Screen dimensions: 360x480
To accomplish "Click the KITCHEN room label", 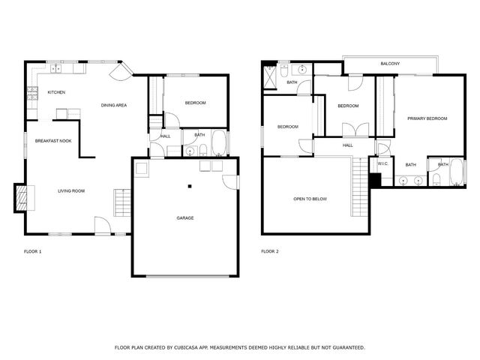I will click(x=56, y=92).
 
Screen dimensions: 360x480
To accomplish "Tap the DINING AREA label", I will click(x=113, y=105).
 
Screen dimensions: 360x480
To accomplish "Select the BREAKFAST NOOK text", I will click(x=53, y=140).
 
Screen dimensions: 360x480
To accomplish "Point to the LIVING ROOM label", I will click(x=71, y=190).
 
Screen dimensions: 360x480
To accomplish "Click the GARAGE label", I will click(x=185, y=218).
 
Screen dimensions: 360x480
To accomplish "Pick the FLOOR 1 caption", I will click(x=32, y=251).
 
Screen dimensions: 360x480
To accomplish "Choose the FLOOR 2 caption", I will click(x=270, y=251).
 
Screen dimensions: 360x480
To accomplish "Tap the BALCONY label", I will click(x=390, y=64).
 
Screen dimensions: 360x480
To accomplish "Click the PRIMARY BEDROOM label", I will click(x=427, y=118).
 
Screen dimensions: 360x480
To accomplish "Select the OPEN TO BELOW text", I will click(x=310, y=199).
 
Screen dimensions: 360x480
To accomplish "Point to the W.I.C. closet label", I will click(x=381, y=163).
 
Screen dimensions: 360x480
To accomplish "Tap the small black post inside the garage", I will click(x=190, y=186).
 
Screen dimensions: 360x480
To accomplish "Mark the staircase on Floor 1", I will click(x=121, y=202).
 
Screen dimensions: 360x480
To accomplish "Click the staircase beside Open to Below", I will click(x=362, y=182).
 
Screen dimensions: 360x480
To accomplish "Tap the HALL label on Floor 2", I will click(x=347, y=145).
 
